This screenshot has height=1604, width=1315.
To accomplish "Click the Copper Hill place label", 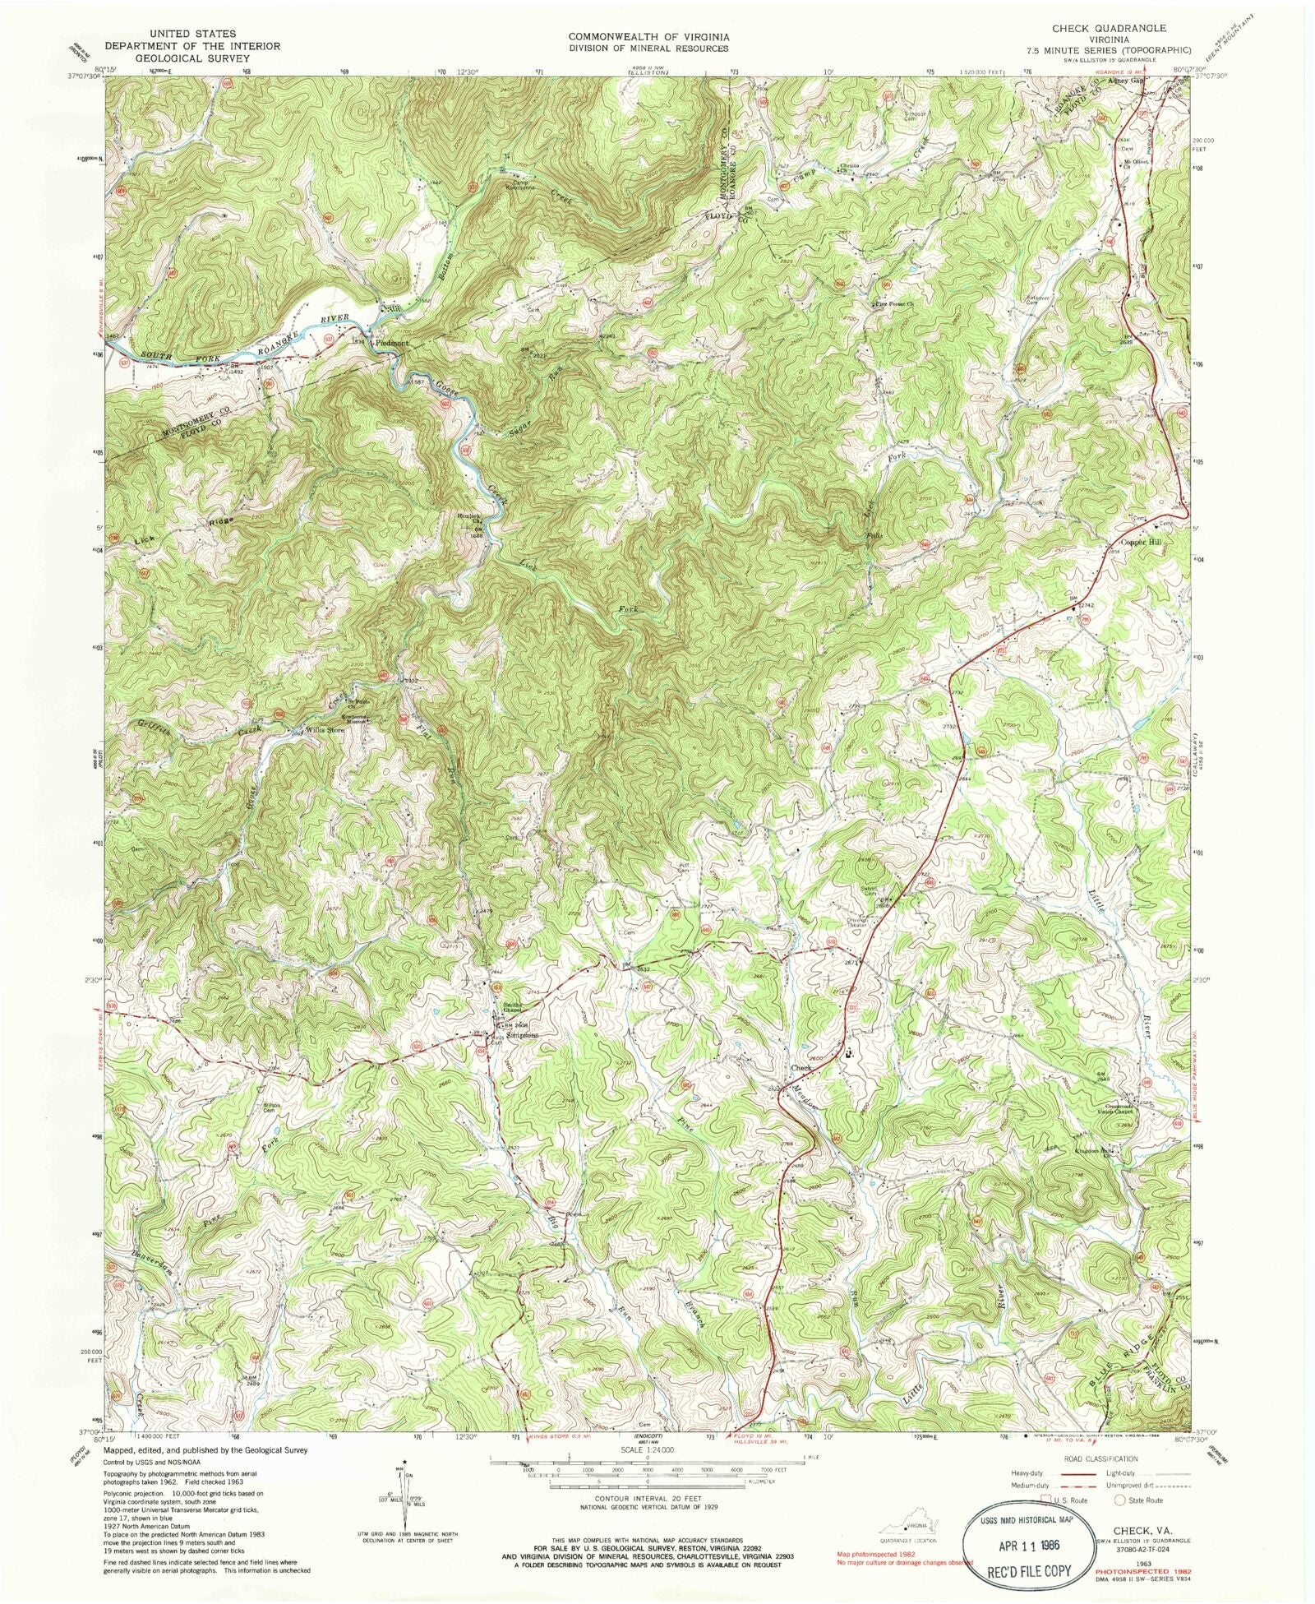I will [1143, 543].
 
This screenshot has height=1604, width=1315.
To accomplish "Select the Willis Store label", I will [324, 730].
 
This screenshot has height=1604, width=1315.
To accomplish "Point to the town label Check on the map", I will [801, 1068].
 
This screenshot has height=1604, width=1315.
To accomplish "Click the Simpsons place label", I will [523, 1036].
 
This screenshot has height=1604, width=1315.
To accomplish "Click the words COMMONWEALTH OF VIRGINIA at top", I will [648, 37].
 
